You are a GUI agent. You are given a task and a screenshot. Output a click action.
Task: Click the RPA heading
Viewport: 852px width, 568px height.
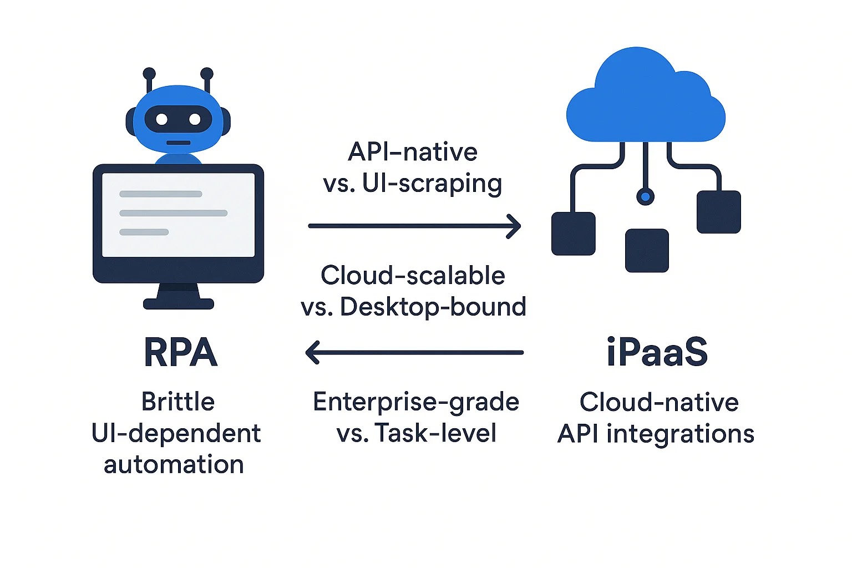pyautogui.click(x=180, y=353)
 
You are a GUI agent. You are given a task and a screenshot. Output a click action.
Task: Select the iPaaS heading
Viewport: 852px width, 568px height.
pyautogui.click(x=657, y=353)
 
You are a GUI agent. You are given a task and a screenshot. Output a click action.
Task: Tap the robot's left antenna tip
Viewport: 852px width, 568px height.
pyautogui.click(x=149, y=73)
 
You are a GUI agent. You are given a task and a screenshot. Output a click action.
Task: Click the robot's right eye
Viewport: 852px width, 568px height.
pyautogui.click(x=195, y=119)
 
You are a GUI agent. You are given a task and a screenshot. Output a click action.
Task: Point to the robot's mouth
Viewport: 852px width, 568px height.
pyautogui.click(x=178, y=143)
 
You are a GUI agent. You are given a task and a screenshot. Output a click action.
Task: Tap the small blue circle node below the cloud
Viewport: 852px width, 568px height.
pyautogui.click(x=645, y=196)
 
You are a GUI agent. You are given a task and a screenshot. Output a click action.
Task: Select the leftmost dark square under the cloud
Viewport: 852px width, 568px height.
pyautogui.click(x=573, y=234)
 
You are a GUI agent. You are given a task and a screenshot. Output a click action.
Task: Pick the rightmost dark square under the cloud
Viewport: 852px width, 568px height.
pyautogui.click(x=718, y=212)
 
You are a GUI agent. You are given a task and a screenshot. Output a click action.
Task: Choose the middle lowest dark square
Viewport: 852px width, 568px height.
pyautogui.click(x=647, y=251)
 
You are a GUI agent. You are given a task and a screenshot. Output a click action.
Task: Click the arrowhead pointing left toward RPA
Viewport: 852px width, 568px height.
pyautogui.click(x=313, y=352)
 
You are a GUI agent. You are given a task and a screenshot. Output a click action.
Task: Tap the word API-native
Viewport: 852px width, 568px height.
pyautogui.click(x=413, y=152)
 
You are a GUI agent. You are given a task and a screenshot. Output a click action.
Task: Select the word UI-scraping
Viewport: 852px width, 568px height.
pyautogui.click(x=432, y=184)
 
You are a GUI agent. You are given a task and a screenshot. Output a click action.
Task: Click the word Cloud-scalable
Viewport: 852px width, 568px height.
pyautogui.click(x=413, y=276)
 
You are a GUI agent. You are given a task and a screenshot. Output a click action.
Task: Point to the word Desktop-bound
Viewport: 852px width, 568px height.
pyautogui.click(x=433, y=307)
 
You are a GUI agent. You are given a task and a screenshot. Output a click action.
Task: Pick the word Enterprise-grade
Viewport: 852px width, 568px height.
pyautogui.click(x=416, y=402)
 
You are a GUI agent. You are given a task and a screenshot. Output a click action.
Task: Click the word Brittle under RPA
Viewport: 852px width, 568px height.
pyautogui.click(x=178, y=402)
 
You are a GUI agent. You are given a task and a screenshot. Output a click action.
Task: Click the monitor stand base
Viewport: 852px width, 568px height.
pyautogui.click(x=178, y=303)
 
